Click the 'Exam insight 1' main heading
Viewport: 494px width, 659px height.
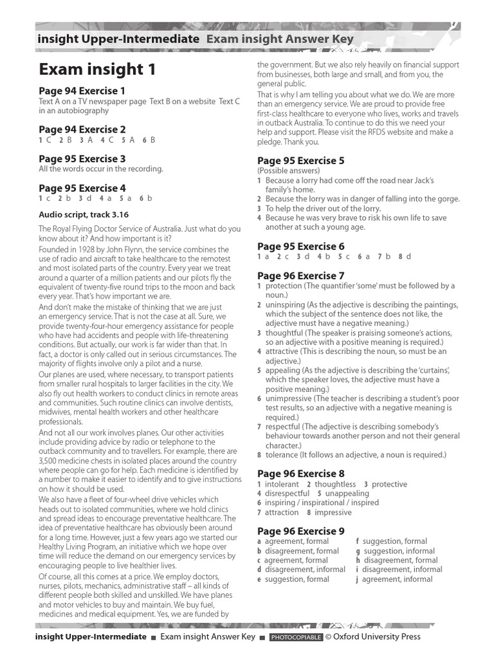(97, 70)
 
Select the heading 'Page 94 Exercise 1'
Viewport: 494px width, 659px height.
(82, 91)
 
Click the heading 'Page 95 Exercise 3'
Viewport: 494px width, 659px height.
(82, 159)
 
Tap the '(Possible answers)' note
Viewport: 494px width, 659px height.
(288, 171)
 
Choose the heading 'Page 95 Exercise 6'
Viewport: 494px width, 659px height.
(301, 246)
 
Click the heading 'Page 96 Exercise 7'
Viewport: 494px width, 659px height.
(301, 276)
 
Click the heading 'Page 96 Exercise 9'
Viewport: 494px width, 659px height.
(301, 531)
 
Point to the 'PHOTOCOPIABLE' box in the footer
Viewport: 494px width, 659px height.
(296, 638)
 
